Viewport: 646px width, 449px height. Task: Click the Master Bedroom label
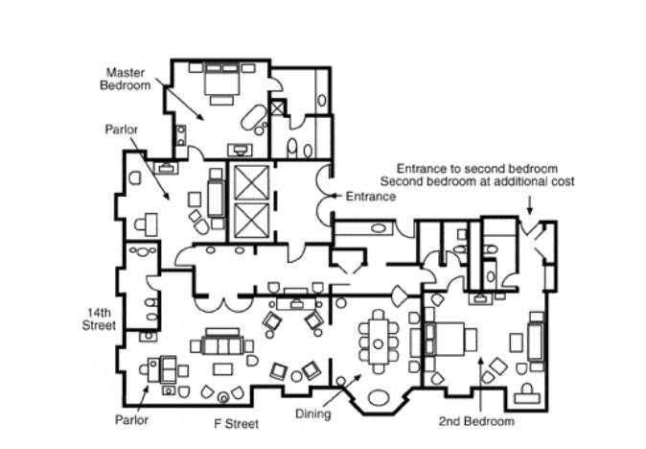click(126, 79)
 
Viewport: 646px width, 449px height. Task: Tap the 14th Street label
click(99, 319)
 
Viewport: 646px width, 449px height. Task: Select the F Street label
click(237, 423)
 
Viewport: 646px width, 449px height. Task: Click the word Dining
click(313, 414)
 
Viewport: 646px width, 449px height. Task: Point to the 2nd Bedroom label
click(476, 421)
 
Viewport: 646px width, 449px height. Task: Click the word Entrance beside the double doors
click(371, 197)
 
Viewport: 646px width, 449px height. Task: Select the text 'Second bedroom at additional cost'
click(477, 181)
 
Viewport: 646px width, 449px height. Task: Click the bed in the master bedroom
click(221, 80)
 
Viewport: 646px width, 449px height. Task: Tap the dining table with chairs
click(379, 342)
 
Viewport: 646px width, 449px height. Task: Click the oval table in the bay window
click(379, 398)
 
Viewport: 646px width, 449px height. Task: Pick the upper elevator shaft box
click(251, 182)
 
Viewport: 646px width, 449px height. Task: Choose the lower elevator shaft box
click(251, 221)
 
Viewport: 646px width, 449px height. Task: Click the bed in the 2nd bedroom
click(450, 339)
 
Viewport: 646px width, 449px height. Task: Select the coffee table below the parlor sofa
click(222, 368)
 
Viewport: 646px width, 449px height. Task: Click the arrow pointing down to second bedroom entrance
click(530, 205)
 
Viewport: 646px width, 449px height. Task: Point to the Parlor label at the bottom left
click(131, 419)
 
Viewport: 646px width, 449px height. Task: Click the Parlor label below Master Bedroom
click(122, 130)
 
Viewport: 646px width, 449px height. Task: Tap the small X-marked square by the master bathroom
click(277, 108)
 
